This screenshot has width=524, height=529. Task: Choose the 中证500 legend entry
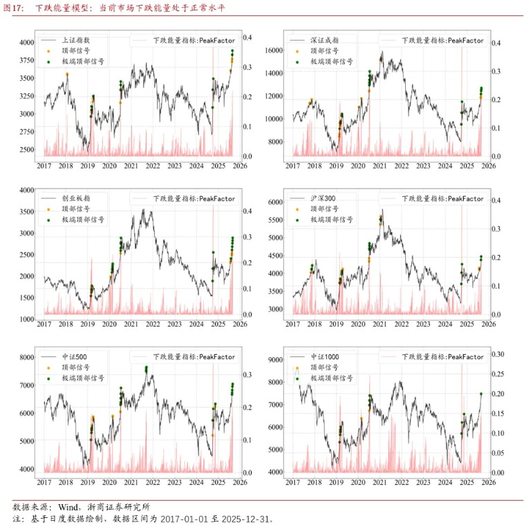75,357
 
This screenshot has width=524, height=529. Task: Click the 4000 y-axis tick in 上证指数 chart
26,42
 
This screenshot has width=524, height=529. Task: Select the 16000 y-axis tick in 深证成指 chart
274,50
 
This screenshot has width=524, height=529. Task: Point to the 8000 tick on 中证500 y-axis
26,358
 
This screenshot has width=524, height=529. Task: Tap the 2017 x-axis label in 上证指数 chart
44,166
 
